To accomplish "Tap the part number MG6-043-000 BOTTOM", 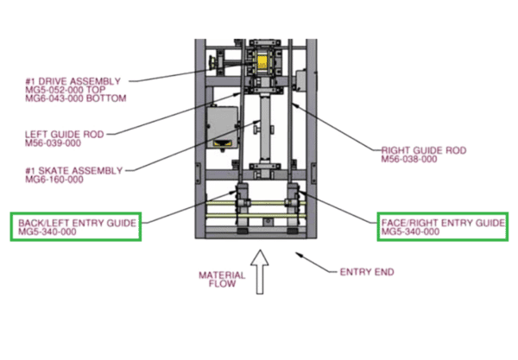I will coord(75,98).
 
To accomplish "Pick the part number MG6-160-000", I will coord(54,179).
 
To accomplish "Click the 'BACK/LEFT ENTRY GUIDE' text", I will coord(77,223).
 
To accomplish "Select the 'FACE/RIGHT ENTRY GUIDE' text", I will coord(443,223).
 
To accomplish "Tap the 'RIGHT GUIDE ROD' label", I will coord(423,150).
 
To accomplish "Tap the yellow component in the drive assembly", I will coord(265,62).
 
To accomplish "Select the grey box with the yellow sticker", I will coord(223,127).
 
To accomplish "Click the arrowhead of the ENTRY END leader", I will coord(299,255).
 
